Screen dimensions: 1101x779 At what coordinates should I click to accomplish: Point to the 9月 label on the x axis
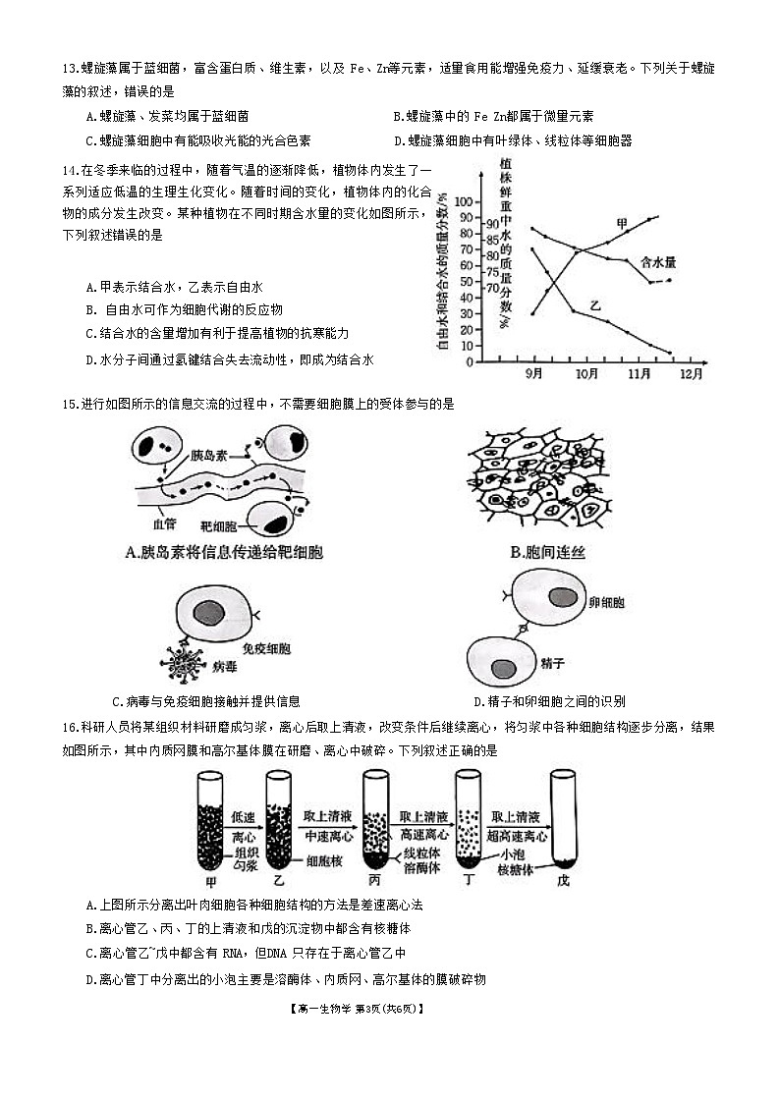(536, 374)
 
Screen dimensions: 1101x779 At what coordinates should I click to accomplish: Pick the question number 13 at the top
(69, 68)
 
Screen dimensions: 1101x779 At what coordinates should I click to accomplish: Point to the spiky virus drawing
(183, 666)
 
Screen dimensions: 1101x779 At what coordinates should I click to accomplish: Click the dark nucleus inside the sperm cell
(503, 668)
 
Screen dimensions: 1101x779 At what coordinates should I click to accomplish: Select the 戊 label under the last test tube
(563, 879)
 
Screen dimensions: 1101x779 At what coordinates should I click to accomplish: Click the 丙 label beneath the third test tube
(373, 879)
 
